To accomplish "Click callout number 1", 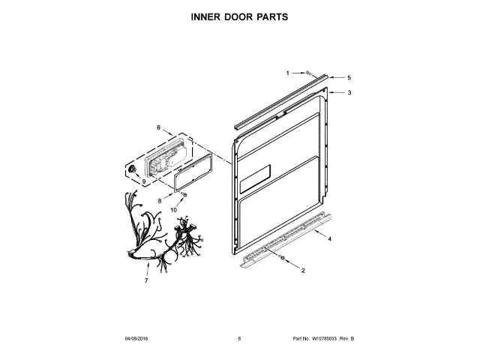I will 287,73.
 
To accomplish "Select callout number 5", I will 349,77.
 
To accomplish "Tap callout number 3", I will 349,93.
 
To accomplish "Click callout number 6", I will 158,128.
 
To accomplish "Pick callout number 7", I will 146,280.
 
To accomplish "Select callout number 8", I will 159,201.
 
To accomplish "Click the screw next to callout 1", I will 307,72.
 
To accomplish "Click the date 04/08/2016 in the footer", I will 138,339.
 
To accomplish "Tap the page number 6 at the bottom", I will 239,339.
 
